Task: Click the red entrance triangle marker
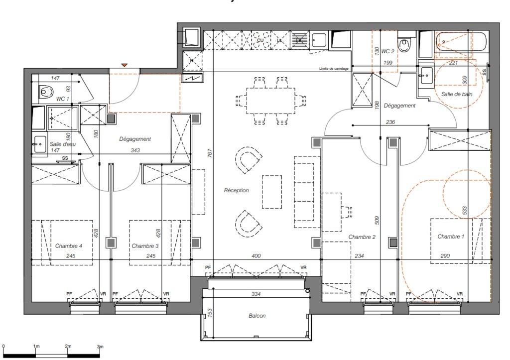(124, 65)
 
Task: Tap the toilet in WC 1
(45, 92)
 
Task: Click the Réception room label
(236, 190)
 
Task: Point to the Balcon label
(257, 316)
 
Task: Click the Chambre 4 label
(69, 246)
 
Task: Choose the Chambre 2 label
(362, 237)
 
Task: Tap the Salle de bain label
(457, 94)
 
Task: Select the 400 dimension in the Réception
(256, 256)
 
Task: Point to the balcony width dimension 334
(256, 294)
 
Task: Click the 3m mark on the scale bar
(100, 347)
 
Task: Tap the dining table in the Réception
(270, 101)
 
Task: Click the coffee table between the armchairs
(272, 192)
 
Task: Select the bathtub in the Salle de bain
(461, 42)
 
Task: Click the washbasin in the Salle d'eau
(39, 144)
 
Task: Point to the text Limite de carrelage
(334, 69)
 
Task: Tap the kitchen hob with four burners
(260, 40)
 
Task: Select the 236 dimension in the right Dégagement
(390, 122)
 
